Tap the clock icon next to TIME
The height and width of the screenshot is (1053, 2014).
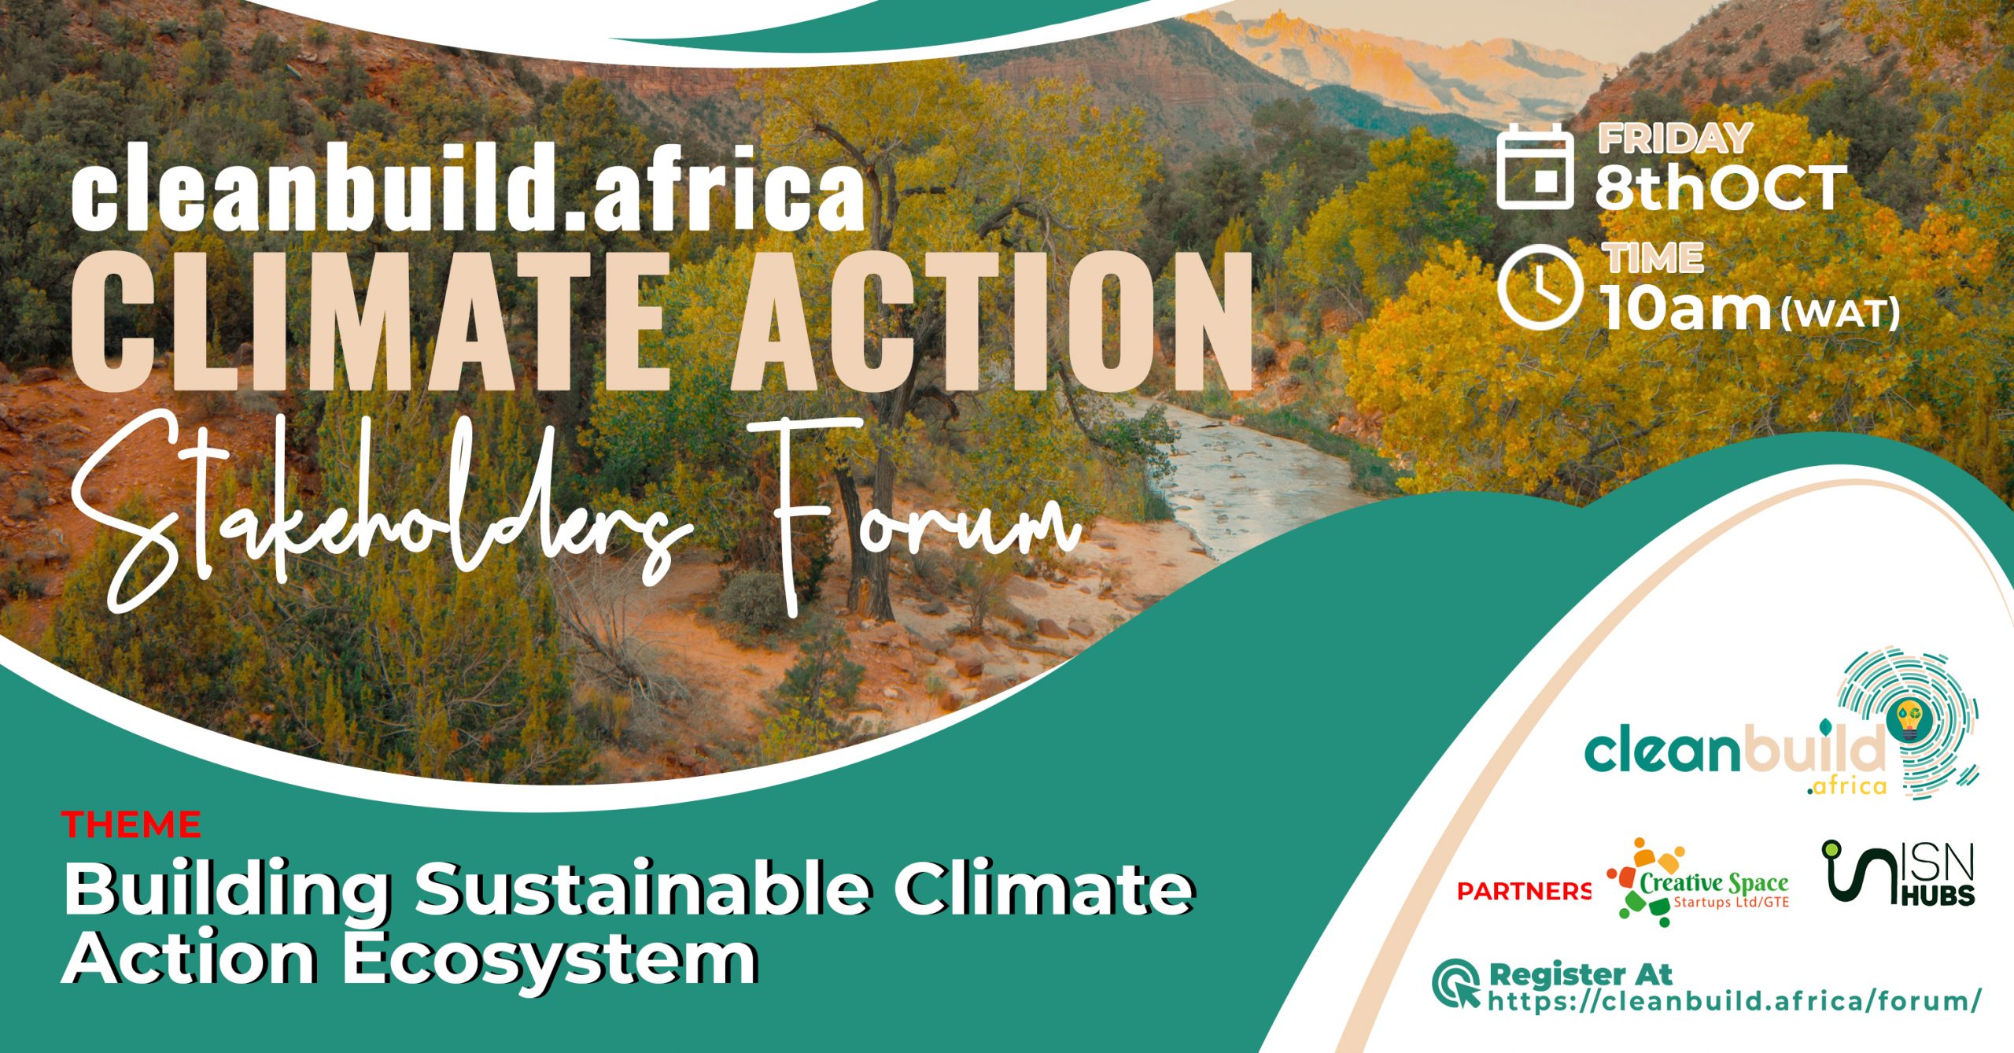(1540, 285)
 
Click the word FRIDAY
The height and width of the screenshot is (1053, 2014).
(1674, 139)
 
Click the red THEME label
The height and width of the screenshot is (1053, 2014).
(131, 825)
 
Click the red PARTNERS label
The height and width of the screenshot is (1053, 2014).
(1524, 891)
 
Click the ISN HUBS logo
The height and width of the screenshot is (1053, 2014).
(1898, 873)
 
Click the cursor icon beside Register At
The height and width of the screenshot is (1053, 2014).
(1455, 983)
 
